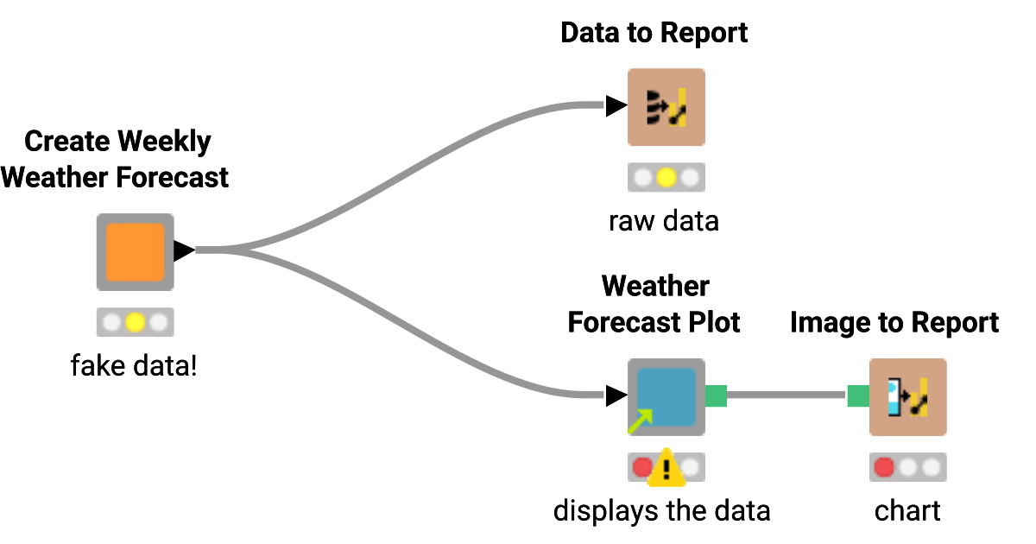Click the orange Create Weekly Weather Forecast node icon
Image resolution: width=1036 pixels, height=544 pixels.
135,251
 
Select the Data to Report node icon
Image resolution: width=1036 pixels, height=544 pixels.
666,107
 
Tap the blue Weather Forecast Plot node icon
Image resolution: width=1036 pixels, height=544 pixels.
666,396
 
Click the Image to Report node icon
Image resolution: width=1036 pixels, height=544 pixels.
907,396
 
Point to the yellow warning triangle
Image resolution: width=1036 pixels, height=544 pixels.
666,468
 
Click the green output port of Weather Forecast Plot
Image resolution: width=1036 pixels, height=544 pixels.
717,396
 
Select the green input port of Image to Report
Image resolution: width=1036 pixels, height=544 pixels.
857,396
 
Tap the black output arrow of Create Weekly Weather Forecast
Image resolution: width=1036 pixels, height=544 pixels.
184,251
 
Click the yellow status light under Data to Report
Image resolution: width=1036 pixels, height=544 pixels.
666,179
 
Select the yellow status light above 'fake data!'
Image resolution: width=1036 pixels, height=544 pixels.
135,323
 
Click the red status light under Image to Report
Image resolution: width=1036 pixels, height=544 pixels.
884,468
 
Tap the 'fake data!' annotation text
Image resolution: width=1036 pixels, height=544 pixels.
134,366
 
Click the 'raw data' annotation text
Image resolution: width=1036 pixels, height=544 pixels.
663,221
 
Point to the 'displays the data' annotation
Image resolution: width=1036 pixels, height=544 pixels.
661,510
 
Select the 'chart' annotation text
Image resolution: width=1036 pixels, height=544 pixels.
907,510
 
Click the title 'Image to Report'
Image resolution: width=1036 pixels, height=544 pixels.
894,323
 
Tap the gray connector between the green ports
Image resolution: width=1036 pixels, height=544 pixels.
786,396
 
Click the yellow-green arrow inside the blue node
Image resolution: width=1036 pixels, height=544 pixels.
640,421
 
